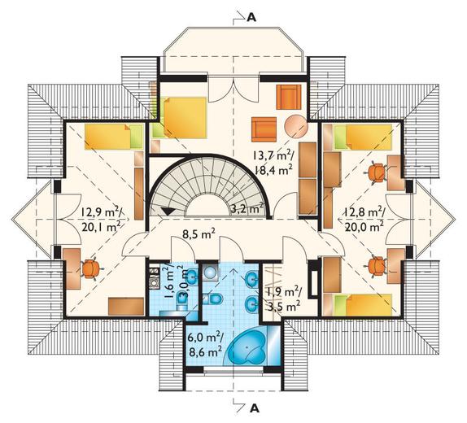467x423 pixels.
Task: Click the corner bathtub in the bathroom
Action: pyautogui.click(x=248, y=348)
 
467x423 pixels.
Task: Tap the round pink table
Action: pyautogui.click(x=296, y=127)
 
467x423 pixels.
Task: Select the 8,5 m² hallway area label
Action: pyautogui.click(x=199, y=234)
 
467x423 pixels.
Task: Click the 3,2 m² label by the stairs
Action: pyautogui.click(x=247, y=208)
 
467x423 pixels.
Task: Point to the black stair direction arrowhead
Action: pyautogui.click(x=168, y=211)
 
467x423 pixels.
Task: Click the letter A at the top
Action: pyautogui.click(x=251, y=18)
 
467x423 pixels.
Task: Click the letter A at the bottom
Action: pyautogui.click(x=255, y=409)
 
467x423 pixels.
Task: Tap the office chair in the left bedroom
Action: pyautogui.click(x=90, y=268)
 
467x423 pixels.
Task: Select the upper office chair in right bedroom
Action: pyautogui.click(x=376, y=172)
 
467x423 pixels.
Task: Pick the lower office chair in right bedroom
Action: pyautogui.click(x=376, y=266)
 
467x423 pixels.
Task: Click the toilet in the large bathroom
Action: pyautogui.click(x=212, y=299)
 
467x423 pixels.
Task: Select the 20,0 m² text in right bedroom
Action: pyautogui.click(x=364, y=227)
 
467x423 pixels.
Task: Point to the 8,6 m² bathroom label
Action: pyautogui.click(x=205, y=352)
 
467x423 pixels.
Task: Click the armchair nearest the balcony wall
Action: pyautogui.click(x=289, y=97)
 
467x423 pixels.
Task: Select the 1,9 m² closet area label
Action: pyautogui.click(x=283, y=293)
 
